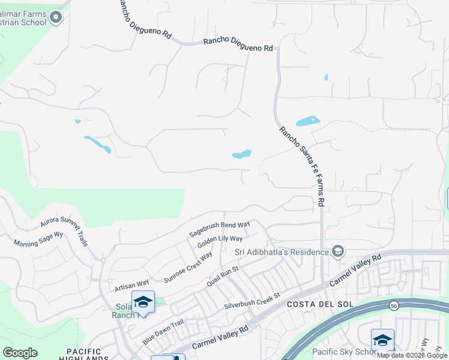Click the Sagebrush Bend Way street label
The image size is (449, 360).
tap(219, 228)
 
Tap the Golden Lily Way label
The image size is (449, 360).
tap(220, 242)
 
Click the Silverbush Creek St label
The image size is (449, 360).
tap(252, 301)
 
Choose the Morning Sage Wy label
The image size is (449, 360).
tap(38, 240)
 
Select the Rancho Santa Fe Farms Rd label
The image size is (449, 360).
tap(301, 166)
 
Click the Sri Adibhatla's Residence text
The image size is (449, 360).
tap(282, 251)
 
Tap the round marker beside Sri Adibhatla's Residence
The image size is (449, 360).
tap(338, 251)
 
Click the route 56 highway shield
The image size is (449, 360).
tap(394, 305)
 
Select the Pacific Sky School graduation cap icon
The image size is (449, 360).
tap(382, 340)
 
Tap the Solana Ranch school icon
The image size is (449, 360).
tap(143, 301)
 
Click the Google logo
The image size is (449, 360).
tap(20, 353)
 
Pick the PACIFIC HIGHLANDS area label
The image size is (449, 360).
tap(84, 355)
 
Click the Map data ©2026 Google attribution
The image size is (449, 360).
tap(412, 355)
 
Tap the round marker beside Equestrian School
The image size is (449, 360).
tap(56, 17)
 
